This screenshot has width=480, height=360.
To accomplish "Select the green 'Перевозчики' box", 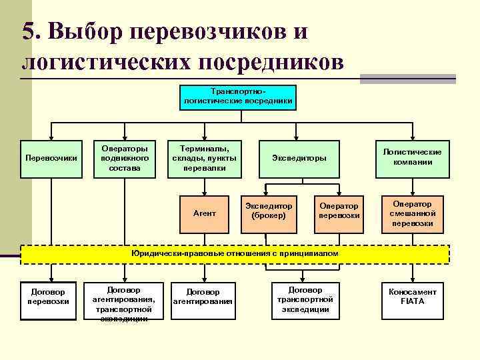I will point(51,159).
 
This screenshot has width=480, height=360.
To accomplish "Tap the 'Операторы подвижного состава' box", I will point(125,159).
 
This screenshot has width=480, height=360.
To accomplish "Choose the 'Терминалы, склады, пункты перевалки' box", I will point(205,159).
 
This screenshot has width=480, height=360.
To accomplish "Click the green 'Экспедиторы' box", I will point(299,159).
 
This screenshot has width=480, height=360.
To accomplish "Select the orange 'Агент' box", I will point(205,213).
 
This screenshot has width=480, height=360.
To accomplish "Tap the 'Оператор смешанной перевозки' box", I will point(413,213).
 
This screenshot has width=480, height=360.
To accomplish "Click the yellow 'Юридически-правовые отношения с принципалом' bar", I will point(235,254).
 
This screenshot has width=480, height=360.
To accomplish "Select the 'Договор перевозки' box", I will point(48,297).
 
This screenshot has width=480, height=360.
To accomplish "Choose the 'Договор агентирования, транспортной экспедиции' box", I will point(124,303).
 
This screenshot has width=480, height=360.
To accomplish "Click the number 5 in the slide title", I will point(29,33).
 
